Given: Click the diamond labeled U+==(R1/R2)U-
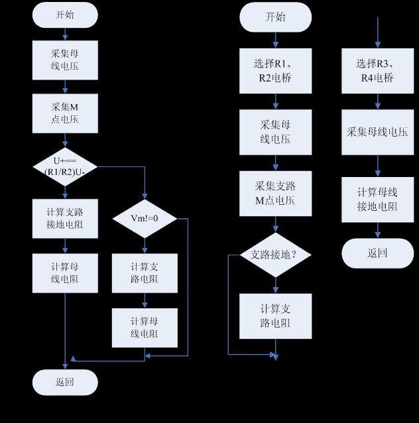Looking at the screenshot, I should (x=65, y=166).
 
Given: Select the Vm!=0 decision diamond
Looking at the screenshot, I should (x=145, y=217).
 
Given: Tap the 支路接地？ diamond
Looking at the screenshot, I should (x=276, y=255).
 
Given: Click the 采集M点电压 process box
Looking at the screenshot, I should (x=65, y=113).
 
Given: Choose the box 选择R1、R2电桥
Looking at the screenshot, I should (x=276, y=71).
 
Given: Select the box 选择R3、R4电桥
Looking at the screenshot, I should (x=378, y=71).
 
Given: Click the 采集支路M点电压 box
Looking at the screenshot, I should (x=276, y=192).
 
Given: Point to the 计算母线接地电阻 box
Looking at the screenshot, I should (x=378, y=199).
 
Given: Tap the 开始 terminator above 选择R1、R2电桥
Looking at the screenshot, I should (x=276, y=17).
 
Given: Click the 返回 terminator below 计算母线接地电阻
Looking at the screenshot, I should (x=378, y=253).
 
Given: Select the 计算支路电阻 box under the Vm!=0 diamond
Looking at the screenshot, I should (x=145, y=272).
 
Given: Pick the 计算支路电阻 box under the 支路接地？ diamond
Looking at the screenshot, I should (x=276, y=316).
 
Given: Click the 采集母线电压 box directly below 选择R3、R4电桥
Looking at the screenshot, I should (x=378, y=131).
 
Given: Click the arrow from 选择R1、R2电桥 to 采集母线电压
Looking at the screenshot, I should (x=276, y=101).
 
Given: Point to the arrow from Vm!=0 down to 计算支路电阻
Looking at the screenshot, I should (x=145, y=245).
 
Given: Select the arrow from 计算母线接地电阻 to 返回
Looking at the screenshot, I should (x=378, y=229).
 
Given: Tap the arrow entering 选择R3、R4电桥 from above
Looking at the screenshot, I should (x=378, y=33).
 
